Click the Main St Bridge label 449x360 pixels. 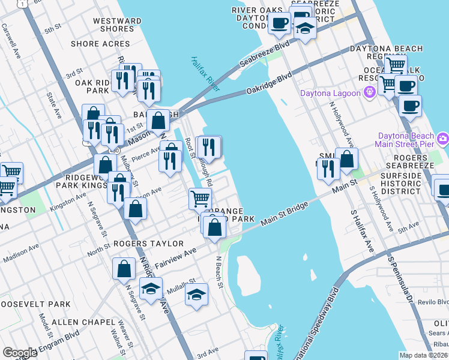pyautogui.click(x=285, y=214)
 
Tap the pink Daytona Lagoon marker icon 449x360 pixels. pyautogui.click(x=369, y=92)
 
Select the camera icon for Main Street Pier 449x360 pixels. pyautogui.click(x=443, y=139)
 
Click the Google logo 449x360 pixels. pyautogui.click(x=20, y=352)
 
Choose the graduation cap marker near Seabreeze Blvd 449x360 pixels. pyautogui.click(x=305, y=29)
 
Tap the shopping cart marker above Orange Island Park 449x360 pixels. pyautogui.click(x=200, y=198)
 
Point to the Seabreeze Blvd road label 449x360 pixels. pyautogui.click(x=264, y=53)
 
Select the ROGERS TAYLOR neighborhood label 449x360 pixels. pyautogui.click(x=148, y=244)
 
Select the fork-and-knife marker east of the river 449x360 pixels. pyautogui.click(x=328, y=169)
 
